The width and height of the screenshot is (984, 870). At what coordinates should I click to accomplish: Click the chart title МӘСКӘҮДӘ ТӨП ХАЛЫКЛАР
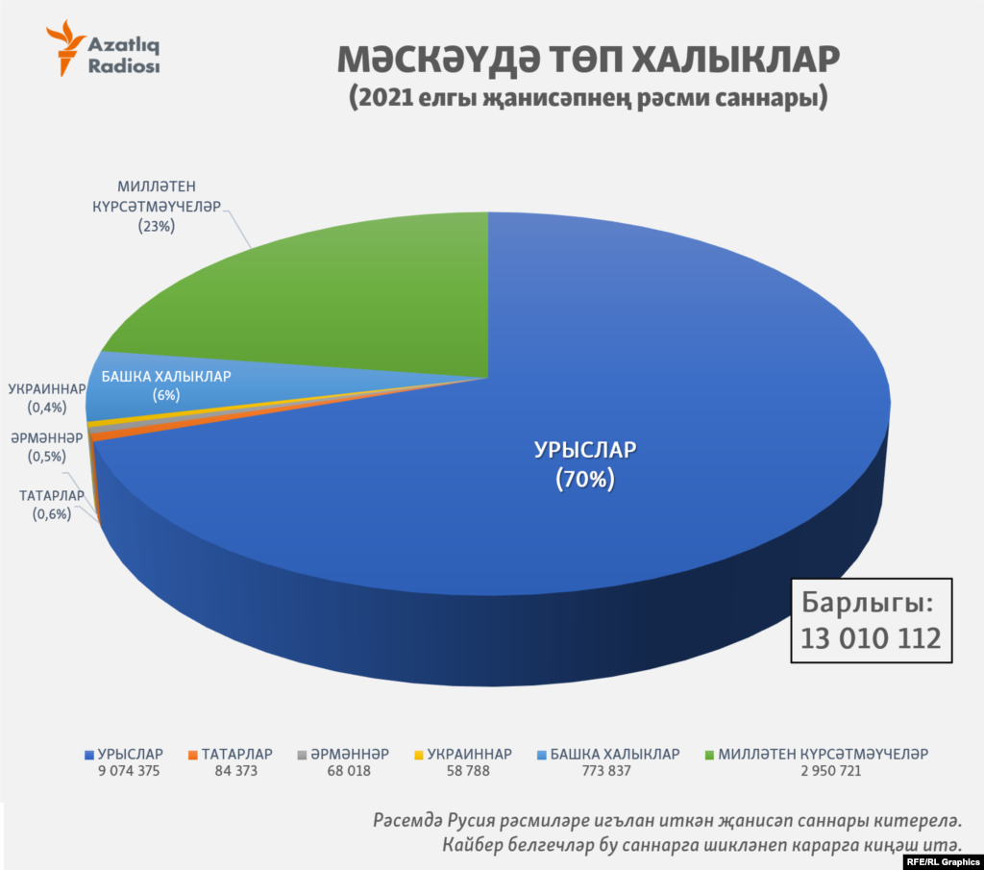588,60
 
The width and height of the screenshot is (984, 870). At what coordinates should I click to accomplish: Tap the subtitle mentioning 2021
588,98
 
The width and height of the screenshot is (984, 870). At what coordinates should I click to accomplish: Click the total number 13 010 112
871,637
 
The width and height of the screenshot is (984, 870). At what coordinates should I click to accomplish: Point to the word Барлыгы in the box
865,604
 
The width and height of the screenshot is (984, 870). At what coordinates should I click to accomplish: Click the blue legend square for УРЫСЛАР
89,755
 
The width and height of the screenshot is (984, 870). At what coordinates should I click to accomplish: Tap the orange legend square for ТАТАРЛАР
193,755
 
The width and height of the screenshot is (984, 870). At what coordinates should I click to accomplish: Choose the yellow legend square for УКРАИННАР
418,755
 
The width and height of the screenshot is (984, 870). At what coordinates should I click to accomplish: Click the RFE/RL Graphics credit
942,860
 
